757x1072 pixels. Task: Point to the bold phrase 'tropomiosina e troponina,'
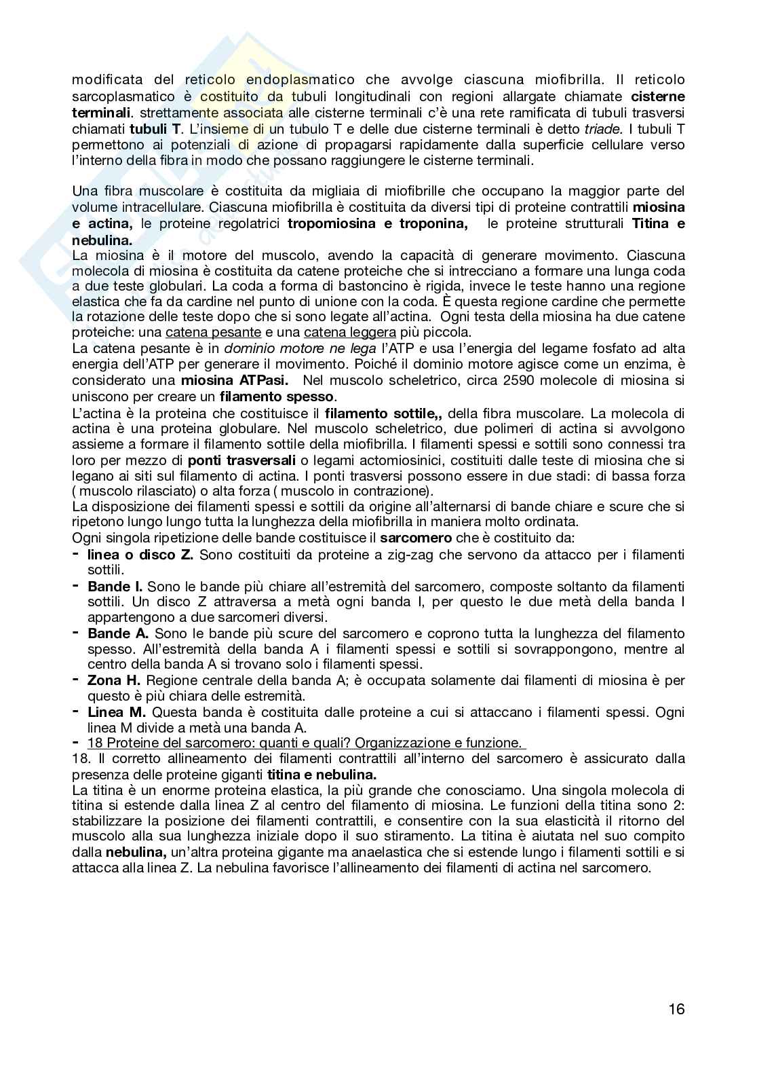pos(377,223)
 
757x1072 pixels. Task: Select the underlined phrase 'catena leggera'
pos(349,332)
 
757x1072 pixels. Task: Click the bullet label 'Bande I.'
pos(115,586)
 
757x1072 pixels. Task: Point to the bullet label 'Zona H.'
pos(114,680)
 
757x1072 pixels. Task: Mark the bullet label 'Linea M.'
pos(117,711)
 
